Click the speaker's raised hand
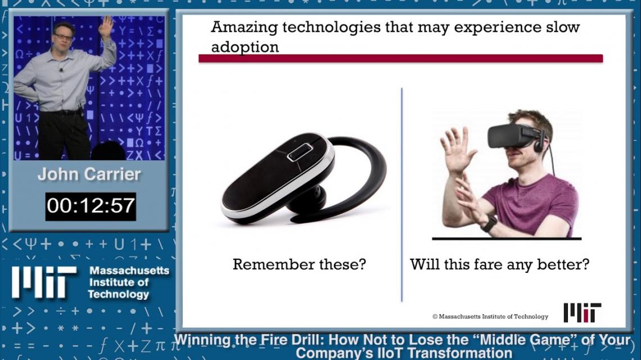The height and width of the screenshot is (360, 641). click(106, 26)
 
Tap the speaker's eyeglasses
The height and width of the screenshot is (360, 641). click(64, 37)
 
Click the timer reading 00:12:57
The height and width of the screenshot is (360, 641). click(91, 206)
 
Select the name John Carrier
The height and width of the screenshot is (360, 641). click(89, 174)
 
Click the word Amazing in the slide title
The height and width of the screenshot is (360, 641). click(244, 28)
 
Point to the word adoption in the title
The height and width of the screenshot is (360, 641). click(245, 47)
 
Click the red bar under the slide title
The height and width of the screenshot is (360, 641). click(400, 58)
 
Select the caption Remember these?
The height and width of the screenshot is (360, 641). click(299, 264)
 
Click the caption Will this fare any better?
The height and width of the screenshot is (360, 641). click(499, 264)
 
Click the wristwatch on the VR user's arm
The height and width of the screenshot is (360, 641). click(489, 223)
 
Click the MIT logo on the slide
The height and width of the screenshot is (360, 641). click(582, 313)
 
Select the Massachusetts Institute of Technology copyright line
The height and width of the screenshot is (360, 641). click(490, 316)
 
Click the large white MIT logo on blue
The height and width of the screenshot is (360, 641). click(44, 282)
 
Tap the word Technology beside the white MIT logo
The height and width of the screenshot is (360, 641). click(118, 295)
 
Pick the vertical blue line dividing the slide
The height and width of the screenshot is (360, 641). click(402, 195)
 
